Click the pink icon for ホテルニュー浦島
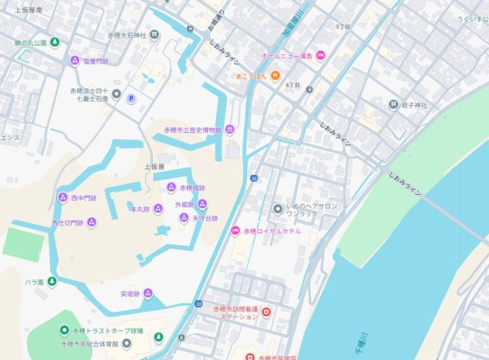(x=321, y=55)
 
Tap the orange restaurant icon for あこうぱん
(x=274, y=76)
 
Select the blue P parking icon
(x=131, y=99)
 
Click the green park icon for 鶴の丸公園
(x=55, y=42)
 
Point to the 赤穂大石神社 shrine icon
(x=155, y=35)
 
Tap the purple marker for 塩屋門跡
(x=75, y=60)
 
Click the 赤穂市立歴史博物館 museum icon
(x=229, y=130)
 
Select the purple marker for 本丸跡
(x=157, y=209)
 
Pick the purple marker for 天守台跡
(x=183, y=218)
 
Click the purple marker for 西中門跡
(x=63, y=197)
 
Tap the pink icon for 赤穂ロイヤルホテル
(x=237, y=231)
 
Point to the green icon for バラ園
(x=52, y=282)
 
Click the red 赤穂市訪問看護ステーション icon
(x=267, y=311)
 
